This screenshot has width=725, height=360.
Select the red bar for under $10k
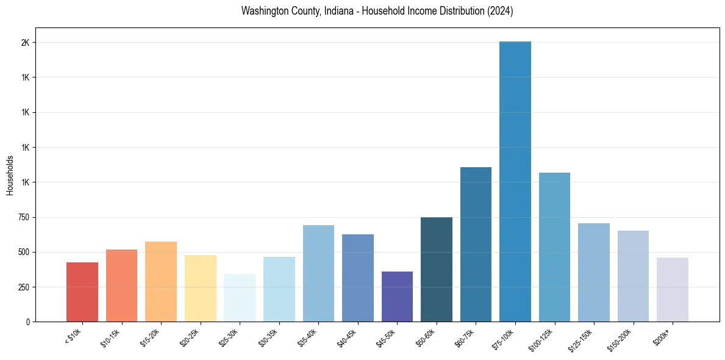[82, 292]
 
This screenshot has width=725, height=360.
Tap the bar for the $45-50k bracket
[397, 297]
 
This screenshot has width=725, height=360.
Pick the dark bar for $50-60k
[437, 269]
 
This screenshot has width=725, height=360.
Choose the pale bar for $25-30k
[240, 298]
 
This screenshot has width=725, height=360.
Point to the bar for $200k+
[673, 289]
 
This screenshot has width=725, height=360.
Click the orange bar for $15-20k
[161, 281]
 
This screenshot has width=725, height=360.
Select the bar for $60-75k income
[476, 244]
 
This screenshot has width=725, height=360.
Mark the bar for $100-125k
[554, 247]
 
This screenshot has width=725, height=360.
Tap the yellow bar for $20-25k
[201, 288]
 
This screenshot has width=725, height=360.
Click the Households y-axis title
[10, 175]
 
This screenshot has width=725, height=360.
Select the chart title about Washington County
[377, 11]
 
